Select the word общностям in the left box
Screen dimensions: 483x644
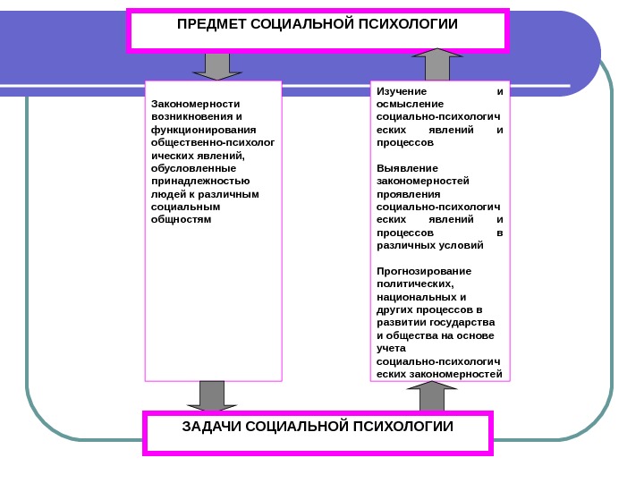pos(182,218)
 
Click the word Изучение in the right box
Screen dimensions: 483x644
pos(402,91)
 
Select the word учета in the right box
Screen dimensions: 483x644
pos(391,348)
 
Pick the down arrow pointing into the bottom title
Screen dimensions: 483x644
pos(212,396)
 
